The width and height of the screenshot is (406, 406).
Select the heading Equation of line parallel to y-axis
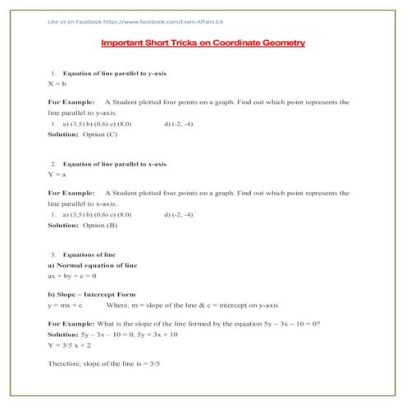pyautogui.click(x=115, y=73)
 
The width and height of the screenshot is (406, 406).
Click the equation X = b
pyautogui.click(x=57, y=84)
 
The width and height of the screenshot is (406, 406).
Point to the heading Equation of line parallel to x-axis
pyautogui.click(x=115, y=163)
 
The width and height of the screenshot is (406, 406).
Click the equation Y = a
pyautogui.click(x=57, y=174)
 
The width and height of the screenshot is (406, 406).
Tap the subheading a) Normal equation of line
pyautogui.click(x=92, y=265)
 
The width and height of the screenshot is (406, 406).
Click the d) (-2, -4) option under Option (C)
pyautogui.click(x=178, y=123)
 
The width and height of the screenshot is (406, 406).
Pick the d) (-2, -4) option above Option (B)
pyautogui.click(x=178, y=213)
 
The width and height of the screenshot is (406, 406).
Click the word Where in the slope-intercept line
pyautogui.click(x=141, y=304)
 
